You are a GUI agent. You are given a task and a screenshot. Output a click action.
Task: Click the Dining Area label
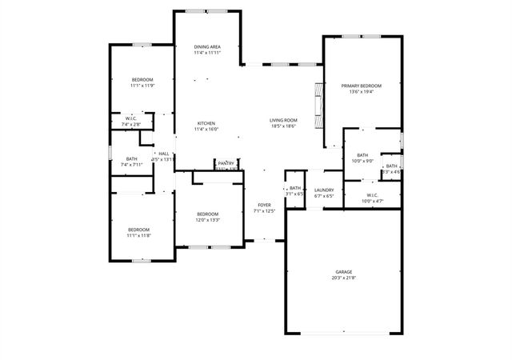207,47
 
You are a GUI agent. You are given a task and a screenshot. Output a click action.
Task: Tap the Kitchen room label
207,122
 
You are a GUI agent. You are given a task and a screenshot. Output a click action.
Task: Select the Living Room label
282,120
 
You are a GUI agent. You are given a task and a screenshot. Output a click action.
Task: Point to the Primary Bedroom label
361,86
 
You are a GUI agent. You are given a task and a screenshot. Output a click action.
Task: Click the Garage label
343,272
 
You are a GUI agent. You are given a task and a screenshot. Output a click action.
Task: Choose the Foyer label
264,205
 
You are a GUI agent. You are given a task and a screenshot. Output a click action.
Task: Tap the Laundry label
324,190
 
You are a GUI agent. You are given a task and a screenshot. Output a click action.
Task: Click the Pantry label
226,163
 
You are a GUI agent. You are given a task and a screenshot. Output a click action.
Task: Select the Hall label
163,154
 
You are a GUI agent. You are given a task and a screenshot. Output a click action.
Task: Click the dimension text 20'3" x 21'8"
343,278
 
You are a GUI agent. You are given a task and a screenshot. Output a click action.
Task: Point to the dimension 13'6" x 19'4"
361,92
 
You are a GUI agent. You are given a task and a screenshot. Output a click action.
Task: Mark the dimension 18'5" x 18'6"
282,126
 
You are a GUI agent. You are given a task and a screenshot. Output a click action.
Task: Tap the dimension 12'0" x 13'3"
207,220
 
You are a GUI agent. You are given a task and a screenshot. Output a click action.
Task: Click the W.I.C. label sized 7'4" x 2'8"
131,118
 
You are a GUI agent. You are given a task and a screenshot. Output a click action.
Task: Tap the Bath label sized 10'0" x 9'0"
362,154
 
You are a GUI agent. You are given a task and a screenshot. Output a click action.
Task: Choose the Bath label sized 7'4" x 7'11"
131,158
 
